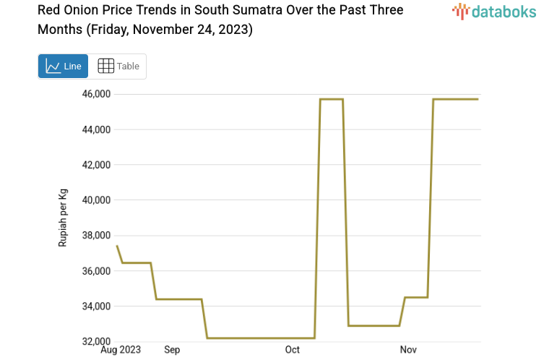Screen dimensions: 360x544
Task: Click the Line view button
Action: (x=63, y=66)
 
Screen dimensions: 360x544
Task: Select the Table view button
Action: (x=118, y=66)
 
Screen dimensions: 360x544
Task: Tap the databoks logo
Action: (x=493, y=11)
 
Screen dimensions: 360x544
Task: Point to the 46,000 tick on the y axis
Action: (x=95, y=94)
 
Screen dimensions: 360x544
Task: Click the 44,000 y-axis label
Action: (x=95, y=129)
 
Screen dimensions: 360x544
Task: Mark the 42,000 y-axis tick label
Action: (x=95, y=165)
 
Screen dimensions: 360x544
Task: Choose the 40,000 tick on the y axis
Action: (x=95, y=200)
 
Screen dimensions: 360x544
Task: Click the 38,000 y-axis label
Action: (x=95, y=236)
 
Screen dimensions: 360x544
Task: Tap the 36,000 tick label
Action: (x=95, y=271)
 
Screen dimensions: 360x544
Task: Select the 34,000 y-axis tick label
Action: (x=95, y=307)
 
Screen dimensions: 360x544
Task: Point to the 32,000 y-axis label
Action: (x=95, y=341)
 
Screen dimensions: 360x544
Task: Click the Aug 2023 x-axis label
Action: (x=121, y=350)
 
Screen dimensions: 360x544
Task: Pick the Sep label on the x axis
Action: (x=172, y=350)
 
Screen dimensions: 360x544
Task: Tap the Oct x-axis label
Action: (x=293, y=350)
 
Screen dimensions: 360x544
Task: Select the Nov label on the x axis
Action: (x=409, y=350)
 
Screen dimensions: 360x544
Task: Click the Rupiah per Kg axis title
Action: (x=63, y=218)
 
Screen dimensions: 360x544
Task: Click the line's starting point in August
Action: (x=117, y=247)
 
